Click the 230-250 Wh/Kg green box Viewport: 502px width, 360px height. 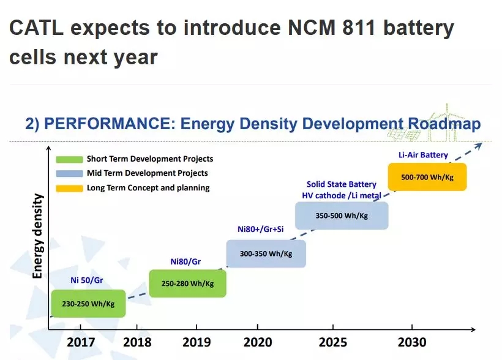[88, 303]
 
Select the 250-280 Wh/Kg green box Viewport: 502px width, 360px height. [187, 283]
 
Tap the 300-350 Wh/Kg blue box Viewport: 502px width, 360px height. [266, 253]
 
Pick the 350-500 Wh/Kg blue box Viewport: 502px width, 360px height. [342, 216]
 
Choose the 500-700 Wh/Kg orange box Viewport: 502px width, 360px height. [427, 177]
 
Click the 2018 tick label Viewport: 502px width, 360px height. [137, 342]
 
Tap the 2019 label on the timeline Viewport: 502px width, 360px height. [196, 342]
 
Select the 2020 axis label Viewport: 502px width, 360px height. [258, 342]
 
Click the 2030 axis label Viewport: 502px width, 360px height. [411, 342]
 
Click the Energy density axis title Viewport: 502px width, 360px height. [38, 236]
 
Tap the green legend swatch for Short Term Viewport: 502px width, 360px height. [69, 159]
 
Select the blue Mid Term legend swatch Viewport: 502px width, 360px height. [69, 173]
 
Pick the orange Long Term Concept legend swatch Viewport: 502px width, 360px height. [69, 187]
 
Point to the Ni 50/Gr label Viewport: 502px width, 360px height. [86, 281]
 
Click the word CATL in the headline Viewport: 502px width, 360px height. [38, 28]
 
